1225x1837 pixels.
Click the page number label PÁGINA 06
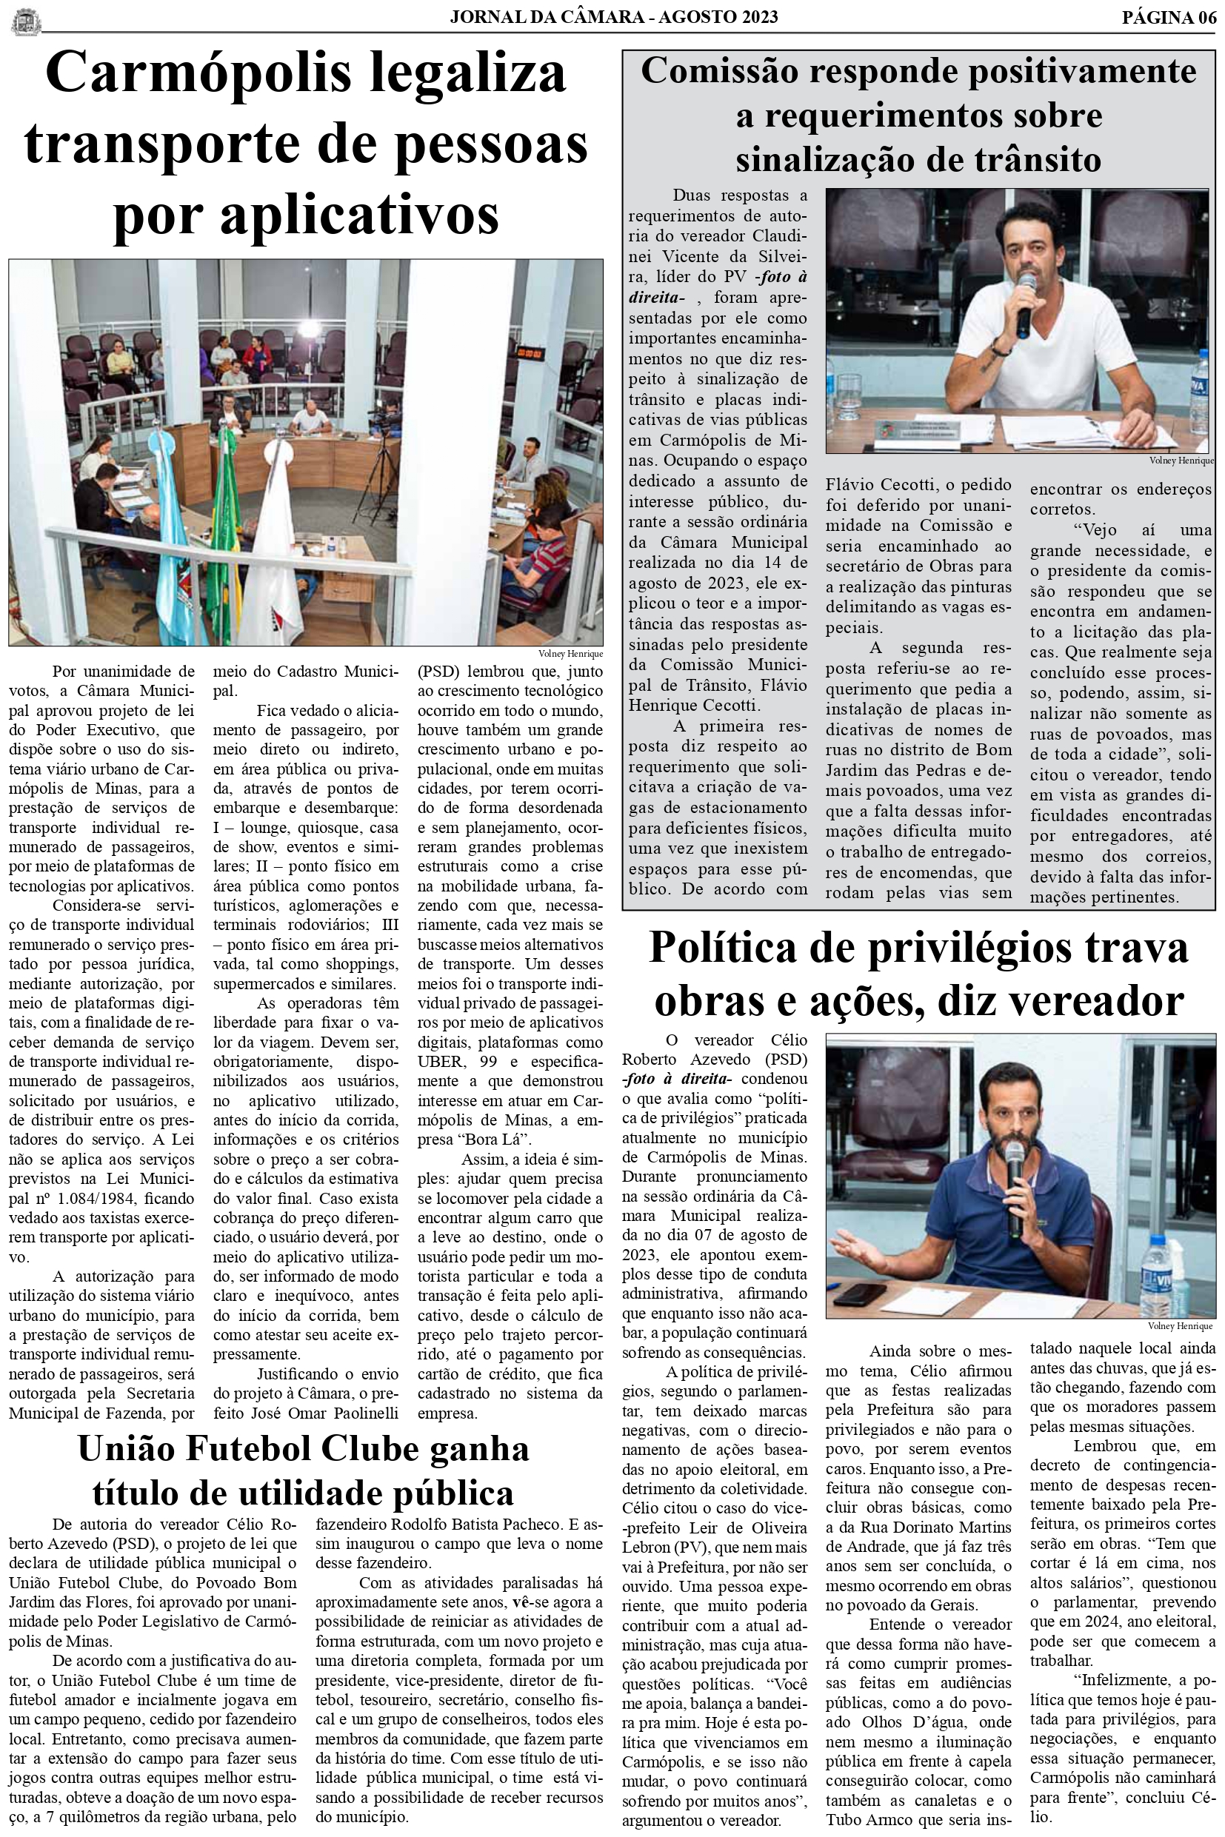pyautogui.click(x=1168, y=17)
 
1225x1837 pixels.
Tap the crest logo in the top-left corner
pyautogui.click(x=27, y=20)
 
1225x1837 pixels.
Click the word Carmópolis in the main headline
pyautogui.click(x=198, y=74)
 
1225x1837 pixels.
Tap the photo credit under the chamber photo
pyautogui.click(x=570, y=654)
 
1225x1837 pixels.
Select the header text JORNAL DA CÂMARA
pyautogui.click(x=547, y=17)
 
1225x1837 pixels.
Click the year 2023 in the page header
pyautogui.click(x=755, y=17)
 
